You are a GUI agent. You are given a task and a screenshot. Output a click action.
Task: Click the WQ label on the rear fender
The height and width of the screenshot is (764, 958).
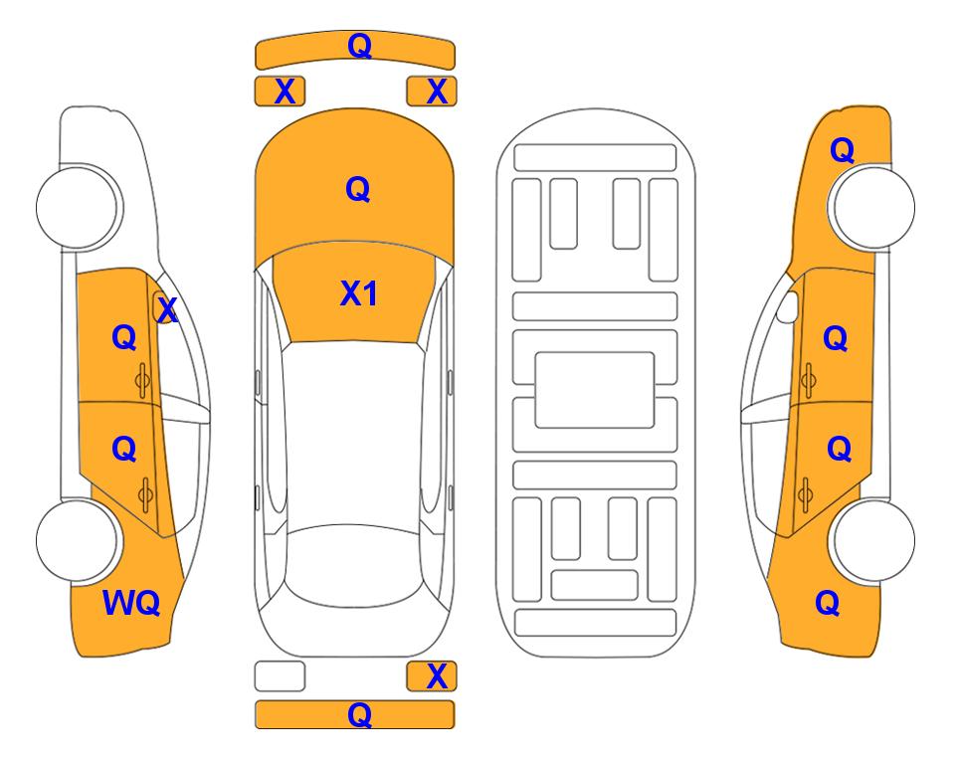pos(131,603)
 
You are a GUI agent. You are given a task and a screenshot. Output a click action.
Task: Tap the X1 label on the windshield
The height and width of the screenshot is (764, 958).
pos(359,293)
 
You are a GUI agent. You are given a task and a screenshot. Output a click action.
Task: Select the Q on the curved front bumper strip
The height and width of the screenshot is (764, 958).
pos(359,46)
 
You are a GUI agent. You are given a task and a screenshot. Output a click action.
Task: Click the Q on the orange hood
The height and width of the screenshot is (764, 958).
pos(358,189)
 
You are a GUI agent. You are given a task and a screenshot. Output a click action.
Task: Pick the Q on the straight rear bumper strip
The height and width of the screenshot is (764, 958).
pos(359,714)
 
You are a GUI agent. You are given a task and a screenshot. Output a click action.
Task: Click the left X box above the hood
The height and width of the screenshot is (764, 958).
pos(280,92)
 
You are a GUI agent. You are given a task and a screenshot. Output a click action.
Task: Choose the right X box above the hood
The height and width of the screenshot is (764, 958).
pos(432,92)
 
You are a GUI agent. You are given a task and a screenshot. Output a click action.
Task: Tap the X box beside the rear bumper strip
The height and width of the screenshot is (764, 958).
pos(432,676)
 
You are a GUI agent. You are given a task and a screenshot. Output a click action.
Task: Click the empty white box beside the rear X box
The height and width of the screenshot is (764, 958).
pos(280,676)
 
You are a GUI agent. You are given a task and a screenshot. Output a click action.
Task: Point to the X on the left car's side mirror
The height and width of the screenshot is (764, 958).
pos(167,310)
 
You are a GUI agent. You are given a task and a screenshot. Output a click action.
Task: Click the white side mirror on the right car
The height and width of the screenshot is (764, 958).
pos(788,306)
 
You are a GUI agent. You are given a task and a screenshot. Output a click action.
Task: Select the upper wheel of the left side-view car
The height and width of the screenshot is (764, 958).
pos(77,208)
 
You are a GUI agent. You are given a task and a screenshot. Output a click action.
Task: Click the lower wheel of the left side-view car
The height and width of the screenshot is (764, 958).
pos(77,541)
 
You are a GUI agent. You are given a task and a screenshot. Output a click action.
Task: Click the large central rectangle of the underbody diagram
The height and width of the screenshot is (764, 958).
pos(595,390)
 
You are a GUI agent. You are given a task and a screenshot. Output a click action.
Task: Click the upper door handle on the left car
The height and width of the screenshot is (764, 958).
pos(142,381)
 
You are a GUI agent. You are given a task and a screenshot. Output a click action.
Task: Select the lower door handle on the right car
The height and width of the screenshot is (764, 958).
pos(806,495)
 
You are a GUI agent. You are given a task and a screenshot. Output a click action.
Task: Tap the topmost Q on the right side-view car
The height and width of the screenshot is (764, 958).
pos(842,150)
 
